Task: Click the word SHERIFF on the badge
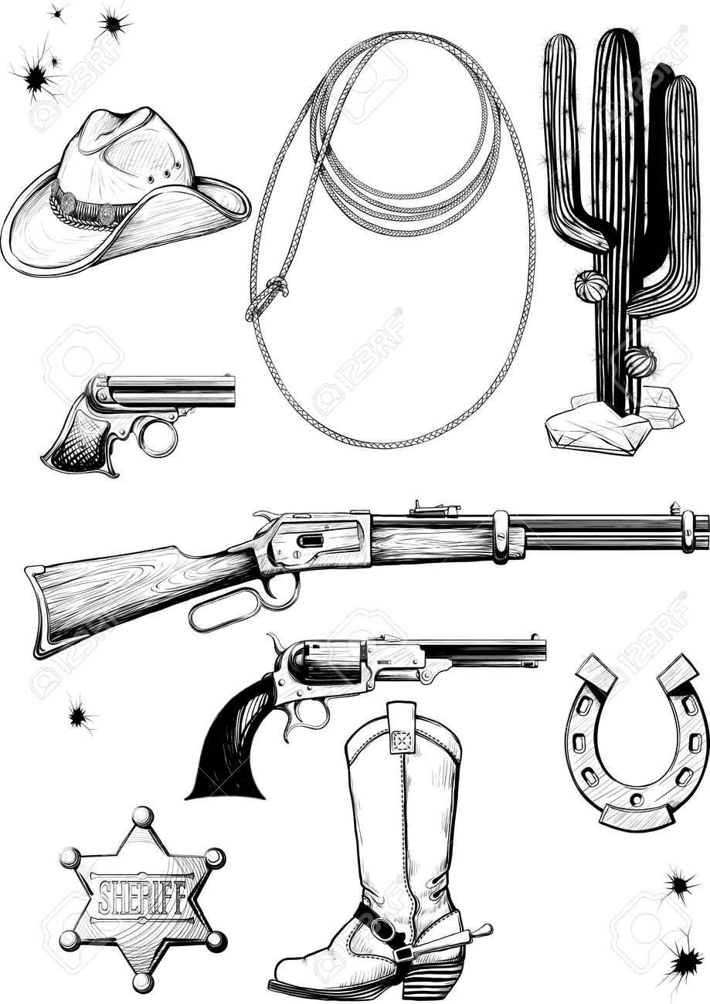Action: (141, 897)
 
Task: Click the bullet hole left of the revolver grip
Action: (79, 715)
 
